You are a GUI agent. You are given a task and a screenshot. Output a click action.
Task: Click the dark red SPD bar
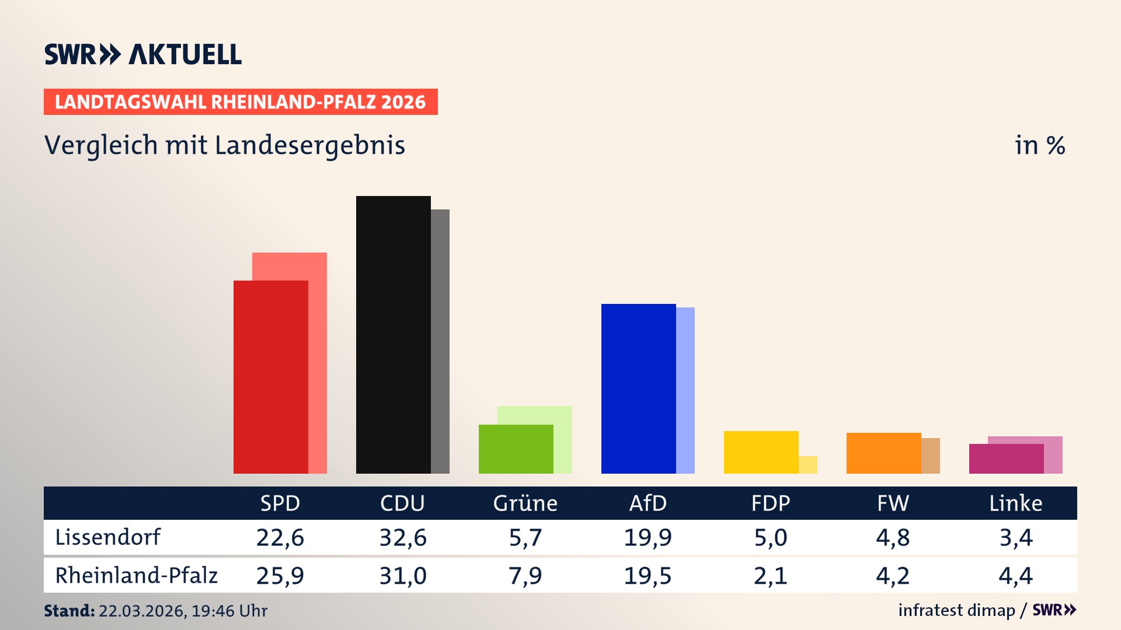pyautogui.click(x=270, y=377)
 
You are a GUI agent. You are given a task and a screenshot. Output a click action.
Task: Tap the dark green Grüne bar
pyautogui.click(x=516, y=449)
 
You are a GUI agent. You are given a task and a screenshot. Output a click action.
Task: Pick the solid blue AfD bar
pyautogui.click(x=638, y=388)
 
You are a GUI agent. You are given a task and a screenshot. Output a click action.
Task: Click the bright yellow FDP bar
pyautogui.click(x=761, y=452)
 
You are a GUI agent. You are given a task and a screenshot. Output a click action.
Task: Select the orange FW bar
pyautogui.click(x=883, y=453)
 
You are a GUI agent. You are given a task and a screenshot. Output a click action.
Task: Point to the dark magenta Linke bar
pyautogui.click(x=1006, y=459)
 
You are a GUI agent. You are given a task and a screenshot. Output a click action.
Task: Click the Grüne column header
pyautogui.click(x=525, y=503)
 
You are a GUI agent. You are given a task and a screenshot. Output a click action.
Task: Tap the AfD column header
pyautogui.click(x=647, y=503)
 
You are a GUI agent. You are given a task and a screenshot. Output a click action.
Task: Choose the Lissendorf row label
pyautogui.click(x=107, y=537)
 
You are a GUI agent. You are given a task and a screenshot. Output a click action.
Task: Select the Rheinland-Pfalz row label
pyautogui.click(x=136, y=576)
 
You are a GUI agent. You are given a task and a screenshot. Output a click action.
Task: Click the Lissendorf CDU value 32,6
pyautogui.click(x=403, y=537)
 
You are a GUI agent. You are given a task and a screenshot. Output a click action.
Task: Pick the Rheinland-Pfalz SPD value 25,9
pyautogui.click(x=280, y=576)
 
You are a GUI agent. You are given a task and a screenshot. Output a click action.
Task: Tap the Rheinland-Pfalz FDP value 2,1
pyautogui.click(x=770, y=576)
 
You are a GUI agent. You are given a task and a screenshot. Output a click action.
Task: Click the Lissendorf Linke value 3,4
pyautogui.click(x=1016, y=537)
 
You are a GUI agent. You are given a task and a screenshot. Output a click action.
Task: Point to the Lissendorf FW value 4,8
pyautogui.click(x=893, y=537)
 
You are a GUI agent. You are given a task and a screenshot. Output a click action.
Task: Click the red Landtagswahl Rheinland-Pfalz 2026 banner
pyautogui.click(x=241, y=102)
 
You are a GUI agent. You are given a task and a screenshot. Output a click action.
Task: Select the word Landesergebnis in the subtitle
pyautogui.click(x=309, y=146)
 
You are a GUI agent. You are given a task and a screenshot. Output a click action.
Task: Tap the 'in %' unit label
pyautogui.click(x=1039, y=146)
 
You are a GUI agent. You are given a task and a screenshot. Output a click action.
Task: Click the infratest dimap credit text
pyautogui.click(x=956, y=610)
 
